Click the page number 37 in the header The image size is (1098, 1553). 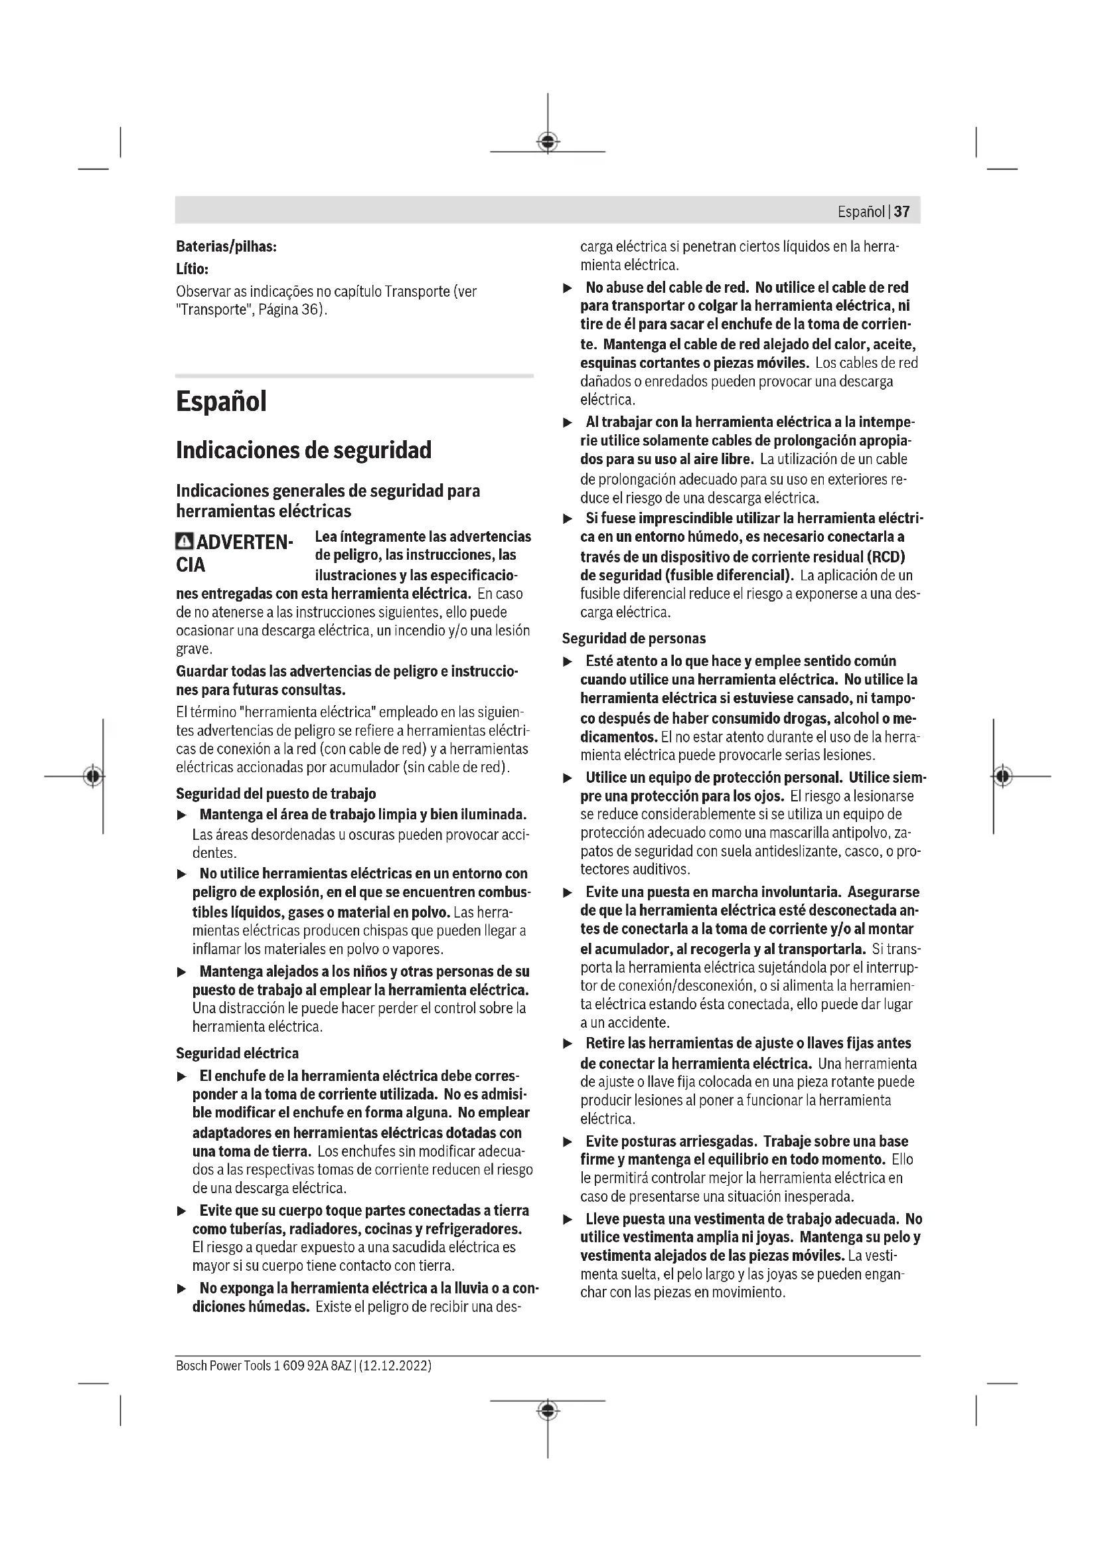point(902,212)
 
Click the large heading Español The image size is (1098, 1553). point(221,401)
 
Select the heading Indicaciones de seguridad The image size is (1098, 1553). point(303,450)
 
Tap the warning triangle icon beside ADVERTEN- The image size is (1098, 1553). point(183,541)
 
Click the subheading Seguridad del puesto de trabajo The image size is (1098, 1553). point(276,793)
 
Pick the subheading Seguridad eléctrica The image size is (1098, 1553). point(237,1053)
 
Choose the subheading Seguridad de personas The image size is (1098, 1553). point(634,638)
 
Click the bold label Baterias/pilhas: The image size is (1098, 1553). point(226,247)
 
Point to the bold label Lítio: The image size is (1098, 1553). point(192,269)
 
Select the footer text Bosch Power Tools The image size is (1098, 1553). point(223,1366)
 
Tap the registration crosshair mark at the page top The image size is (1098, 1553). point(548,142)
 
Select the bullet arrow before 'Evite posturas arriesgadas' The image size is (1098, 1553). point(568,1143)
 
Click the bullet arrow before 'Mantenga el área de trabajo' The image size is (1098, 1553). point(181,817)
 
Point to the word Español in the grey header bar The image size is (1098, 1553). point(861,212)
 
